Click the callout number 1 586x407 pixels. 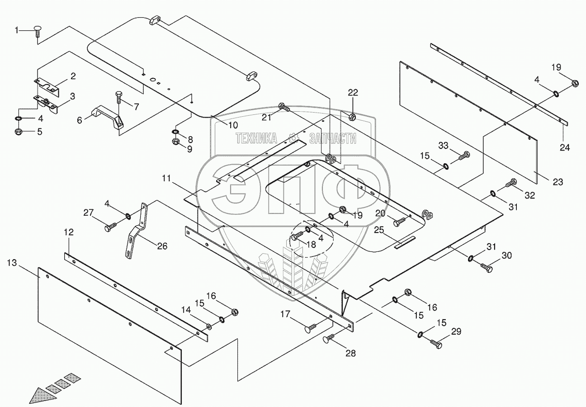click(x=17, y=30)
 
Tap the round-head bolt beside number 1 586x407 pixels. click(x=38, y=33)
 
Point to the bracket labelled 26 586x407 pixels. click(x=136, y=231)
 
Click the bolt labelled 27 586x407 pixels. click(x=111, y=227)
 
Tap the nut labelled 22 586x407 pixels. click(x=353, y=117)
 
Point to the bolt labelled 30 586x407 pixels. click(x=486, y=267)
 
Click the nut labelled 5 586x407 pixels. click(x=19, y=132)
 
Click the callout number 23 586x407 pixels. click(x=558, y=182)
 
